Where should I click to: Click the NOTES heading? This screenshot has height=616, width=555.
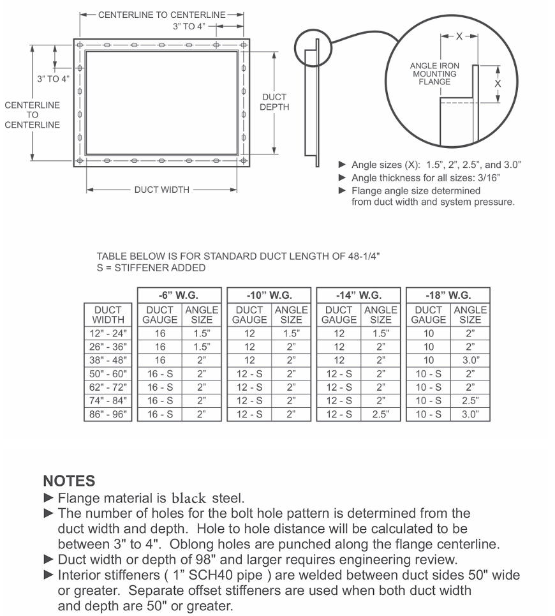[x=69, y=481]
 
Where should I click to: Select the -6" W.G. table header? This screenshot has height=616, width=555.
[x=179, y=296]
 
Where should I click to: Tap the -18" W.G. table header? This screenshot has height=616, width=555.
[x=448, y=296]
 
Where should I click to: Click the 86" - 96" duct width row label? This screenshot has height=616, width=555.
[x=108, y=414]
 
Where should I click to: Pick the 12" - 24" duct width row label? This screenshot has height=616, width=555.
[x=108, y=333]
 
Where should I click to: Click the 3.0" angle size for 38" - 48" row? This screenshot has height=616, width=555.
[x=470, y=360]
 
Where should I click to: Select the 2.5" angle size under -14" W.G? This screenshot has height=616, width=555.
[x=380, y=414]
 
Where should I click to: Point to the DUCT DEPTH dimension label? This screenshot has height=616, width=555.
[x=274, y=102]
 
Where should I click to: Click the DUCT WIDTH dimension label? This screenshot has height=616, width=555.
[x=161, y=190]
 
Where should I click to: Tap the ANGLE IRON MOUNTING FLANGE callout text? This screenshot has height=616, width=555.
[x=434, y=74]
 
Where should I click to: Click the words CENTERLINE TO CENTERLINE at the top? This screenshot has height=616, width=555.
[x=161, y=15]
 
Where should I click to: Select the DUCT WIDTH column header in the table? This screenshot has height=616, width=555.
[x=108, y=315]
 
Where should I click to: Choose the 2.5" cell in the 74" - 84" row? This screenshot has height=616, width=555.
[x=470, y=401]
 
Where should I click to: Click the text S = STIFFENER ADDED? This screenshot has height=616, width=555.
[x=151, y=268]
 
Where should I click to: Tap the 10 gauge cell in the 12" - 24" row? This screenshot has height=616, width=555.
[x=428, y=333]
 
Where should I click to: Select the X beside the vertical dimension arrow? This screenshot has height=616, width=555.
[x=498, y=83]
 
